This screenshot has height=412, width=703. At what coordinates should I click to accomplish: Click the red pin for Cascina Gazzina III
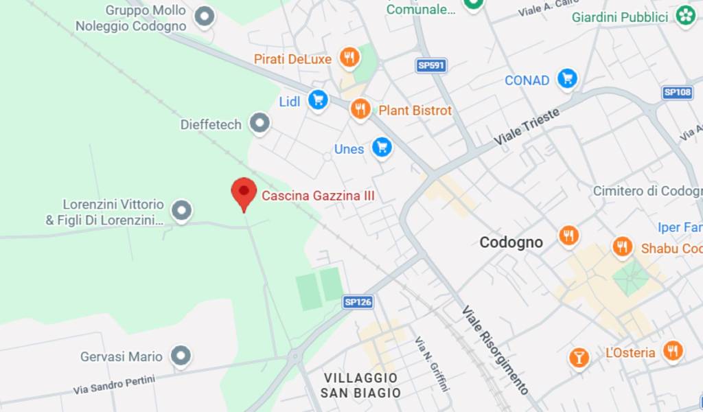(x=243, y=192)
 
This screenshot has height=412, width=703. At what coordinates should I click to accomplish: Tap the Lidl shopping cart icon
(x=317, y=100)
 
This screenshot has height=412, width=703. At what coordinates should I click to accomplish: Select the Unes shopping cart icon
(x=382, y=146)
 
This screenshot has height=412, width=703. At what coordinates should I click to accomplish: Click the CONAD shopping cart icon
(x=567, y=78)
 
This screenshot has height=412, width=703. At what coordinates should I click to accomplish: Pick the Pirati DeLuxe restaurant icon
(x=349, y=58)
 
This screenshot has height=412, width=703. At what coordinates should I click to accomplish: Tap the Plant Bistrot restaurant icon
(x=360, y=108)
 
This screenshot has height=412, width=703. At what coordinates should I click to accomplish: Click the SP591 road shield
(x=431, y=65)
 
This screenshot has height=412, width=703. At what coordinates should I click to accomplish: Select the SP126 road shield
(x=358, y=301)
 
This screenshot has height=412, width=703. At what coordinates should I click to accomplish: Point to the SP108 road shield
(x=678, y=92)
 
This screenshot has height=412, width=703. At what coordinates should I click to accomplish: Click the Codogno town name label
(x=511, y=242)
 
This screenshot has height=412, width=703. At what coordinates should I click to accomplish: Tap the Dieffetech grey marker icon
(x=259, y=124)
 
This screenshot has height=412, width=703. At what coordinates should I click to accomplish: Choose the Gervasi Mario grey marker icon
(x=181, y=356)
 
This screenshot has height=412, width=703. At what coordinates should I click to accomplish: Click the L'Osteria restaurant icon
(x=672, y=352)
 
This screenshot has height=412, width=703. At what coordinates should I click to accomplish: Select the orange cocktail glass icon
(x=579, y=357)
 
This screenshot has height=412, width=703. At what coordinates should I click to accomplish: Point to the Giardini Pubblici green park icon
(x=685, y=16)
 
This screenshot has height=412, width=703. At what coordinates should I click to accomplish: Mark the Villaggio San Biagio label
(x=360, y=385)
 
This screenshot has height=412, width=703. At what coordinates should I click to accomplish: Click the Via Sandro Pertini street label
(x=115, y=385)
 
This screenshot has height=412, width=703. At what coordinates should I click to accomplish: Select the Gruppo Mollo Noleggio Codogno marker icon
(x=204, y=16)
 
